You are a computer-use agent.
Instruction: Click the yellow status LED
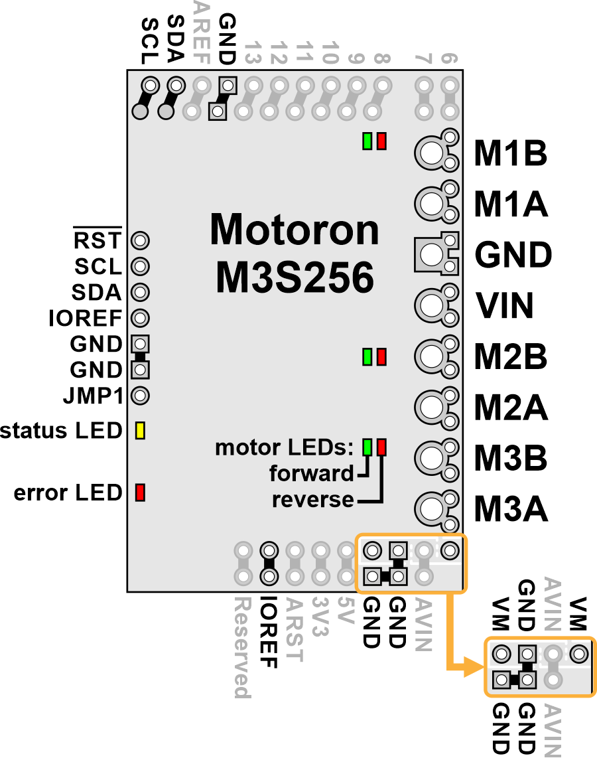[140, 430]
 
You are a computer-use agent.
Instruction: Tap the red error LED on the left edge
[140, 492]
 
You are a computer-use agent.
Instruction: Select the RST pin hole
[140, 240]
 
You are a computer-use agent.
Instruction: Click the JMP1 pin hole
[140, 396]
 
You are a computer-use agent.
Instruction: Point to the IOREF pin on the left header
[140, 318]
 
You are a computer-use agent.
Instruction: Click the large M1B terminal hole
[431, 153]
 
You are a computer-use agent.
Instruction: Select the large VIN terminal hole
[431, 305]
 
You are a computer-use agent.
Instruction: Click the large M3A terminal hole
[431, 508]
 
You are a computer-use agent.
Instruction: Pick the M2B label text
[511, 356]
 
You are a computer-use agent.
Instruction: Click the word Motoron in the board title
[294, 230]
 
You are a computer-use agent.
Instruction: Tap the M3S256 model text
[295, 277]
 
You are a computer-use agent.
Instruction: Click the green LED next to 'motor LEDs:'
[367, 447]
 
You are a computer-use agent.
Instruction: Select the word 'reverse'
[312, 500]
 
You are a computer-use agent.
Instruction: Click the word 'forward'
[312, 473]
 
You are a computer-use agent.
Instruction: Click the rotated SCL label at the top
[150, 41]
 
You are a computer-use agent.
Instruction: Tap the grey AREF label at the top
[202, 33]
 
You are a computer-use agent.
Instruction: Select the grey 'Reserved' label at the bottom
[243, 648]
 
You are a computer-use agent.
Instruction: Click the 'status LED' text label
[61, 431]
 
